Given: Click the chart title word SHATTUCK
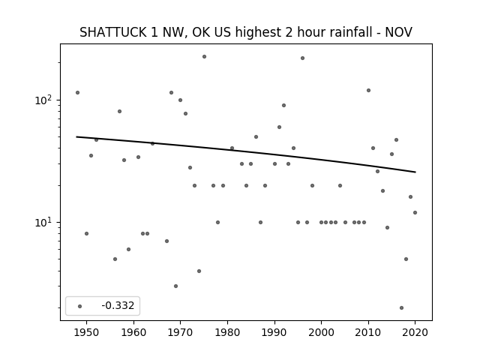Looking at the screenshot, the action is click(113, 32).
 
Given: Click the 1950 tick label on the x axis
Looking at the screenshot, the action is click(87, 332).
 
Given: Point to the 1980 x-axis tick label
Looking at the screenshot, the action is click(227, 332).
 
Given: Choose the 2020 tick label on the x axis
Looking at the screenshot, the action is click(415, 332).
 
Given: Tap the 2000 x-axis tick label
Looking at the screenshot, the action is click(322, 332).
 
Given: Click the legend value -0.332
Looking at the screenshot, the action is click(118, 305).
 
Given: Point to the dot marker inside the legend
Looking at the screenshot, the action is click(80, 306).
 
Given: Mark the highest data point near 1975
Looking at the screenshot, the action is click(204, 57).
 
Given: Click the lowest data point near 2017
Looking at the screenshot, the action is click(401, 308).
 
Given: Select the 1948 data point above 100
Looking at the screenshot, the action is click(77, 92).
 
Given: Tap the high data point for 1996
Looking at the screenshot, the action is click(302, 58).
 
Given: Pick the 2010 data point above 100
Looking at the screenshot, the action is click(368, 90).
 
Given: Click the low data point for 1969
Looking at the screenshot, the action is click(175, 286).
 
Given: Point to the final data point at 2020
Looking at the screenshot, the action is click(415, 212).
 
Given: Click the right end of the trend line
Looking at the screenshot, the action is click(415, 172).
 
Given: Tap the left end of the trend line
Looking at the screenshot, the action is click(76, 136).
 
